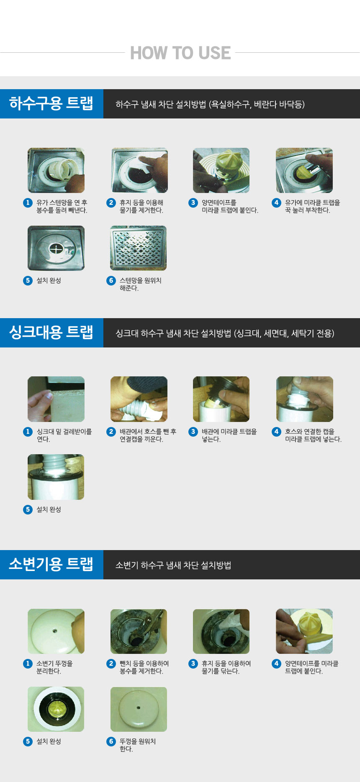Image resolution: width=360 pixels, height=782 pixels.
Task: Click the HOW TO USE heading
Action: pos(180,53)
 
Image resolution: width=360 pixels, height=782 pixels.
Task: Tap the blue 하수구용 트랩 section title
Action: pos(51,103)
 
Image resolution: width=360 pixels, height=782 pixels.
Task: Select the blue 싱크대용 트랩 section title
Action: pos(51,332)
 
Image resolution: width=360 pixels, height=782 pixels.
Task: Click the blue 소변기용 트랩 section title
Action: pos(51,564)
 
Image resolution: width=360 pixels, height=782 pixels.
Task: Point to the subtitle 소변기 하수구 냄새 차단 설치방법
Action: pos(173,565)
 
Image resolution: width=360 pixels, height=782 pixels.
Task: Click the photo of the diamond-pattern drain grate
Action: pos(139,248)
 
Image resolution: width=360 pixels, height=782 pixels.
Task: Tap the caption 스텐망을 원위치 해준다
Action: pos(141,284)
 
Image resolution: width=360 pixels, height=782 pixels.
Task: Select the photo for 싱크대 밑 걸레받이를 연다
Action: pos(56,399)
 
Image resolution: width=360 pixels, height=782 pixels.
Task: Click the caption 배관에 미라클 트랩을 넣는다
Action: pos(229,435)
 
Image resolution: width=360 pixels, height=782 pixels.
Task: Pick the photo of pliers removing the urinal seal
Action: pos(139,631)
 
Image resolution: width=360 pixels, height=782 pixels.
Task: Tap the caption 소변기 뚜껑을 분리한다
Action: pos(54,667)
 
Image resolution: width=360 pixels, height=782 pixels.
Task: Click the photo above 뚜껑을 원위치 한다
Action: pos(139,709)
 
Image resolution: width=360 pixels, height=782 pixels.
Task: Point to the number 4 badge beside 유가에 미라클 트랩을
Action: pos(276,203)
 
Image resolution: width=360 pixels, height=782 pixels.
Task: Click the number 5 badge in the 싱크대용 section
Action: pos(28,509)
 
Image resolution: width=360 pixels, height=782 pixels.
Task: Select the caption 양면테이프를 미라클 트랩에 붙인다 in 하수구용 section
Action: pos(230,206)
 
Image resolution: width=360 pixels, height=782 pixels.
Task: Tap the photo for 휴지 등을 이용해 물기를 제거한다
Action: pos(139,170)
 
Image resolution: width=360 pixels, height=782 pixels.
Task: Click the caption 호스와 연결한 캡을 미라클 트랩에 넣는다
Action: pos(313,435)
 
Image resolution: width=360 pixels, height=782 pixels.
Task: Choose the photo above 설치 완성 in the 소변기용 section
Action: pos(56,709)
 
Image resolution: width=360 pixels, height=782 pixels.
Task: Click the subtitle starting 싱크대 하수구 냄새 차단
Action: pos(225,333)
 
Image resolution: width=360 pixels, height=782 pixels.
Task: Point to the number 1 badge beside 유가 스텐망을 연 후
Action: pos(28,203)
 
